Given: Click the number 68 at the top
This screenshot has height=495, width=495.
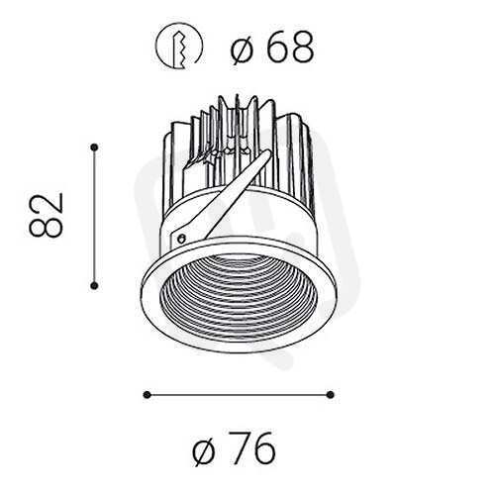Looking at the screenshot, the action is tap(290, 48).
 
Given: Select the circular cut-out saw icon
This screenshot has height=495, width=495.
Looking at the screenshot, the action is tap(178, 46).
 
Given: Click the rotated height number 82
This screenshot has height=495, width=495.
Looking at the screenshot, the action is tap(46, 215).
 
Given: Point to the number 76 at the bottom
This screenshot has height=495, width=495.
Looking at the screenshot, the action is tap(253, 449).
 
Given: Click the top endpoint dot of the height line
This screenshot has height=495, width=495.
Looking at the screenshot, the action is tap(94, 148).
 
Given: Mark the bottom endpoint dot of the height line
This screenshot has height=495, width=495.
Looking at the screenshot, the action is tap(94, 286).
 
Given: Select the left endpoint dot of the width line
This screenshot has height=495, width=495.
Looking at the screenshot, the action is tap(148, 395).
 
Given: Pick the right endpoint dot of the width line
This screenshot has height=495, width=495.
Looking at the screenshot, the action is tap(330, 395).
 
